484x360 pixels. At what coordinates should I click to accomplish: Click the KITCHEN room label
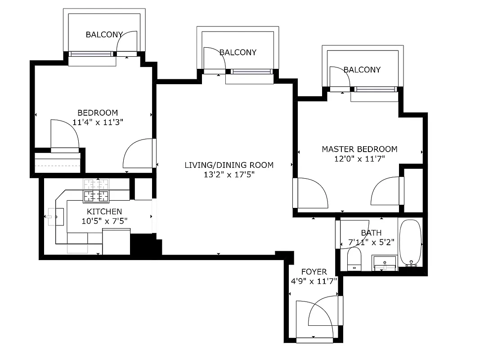(104, 211)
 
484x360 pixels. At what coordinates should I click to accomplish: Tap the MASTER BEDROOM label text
(359, 149)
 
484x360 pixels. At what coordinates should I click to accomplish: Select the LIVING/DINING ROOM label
(229, 165)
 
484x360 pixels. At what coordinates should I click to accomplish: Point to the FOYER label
(314, 272)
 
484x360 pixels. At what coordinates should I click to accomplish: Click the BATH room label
(371, 233)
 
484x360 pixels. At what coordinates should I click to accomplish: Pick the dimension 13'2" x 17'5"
(229, 175)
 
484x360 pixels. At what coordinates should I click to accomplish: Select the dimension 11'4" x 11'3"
(98, 122)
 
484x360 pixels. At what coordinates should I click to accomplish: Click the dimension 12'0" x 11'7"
(359, 158)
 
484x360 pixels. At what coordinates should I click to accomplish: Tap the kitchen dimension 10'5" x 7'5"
(104, 221)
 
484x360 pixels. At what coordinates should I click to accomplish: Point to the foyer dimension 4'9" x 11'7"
(314, 282)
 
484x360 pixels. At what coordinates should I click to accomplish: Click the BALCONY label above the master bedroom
(362, 70)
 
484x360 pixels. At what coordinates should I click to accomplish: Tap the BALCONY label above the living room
(238, 53)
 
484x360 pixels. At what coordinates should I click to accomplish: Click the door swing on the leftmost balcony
(127, 43)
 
